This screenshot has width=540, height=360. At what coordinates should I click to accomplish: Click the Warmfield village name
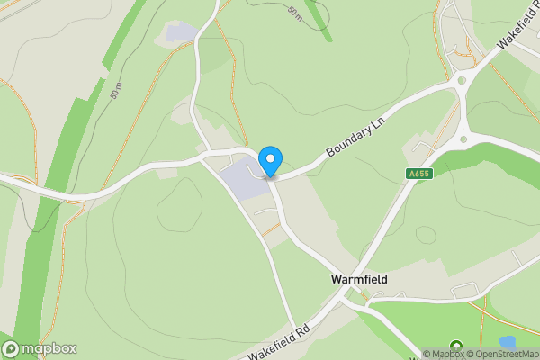click(358, 280)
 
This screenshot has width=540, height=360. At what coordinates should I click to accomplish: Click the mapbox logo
click(40, 348)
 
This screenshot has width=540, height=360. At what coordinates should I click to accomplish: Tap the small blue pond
click(508, 342)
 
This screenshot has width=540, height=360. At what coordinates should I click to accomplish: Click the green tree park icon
click(455, 346)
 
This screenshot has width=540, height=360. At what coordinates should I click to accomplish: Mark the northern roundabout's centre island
click(462, 80)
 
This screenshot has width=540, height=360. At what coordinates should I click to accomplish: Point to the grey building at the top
click(180, 32)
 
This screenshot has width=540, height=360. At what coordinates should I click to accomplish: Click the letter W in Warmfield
click(335, 280)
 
